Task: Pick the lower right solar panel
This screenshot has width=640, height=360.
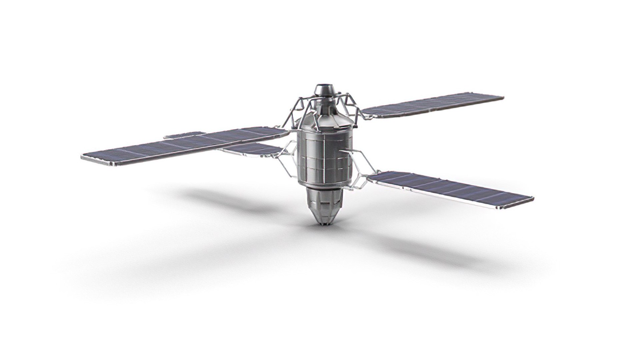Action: (x=450, y=188)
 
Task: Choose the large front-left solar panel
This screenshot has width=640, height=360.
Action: (x=183, y=147)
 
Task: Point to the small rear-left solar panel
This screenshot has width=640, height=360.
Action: (x=253, y=149)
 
